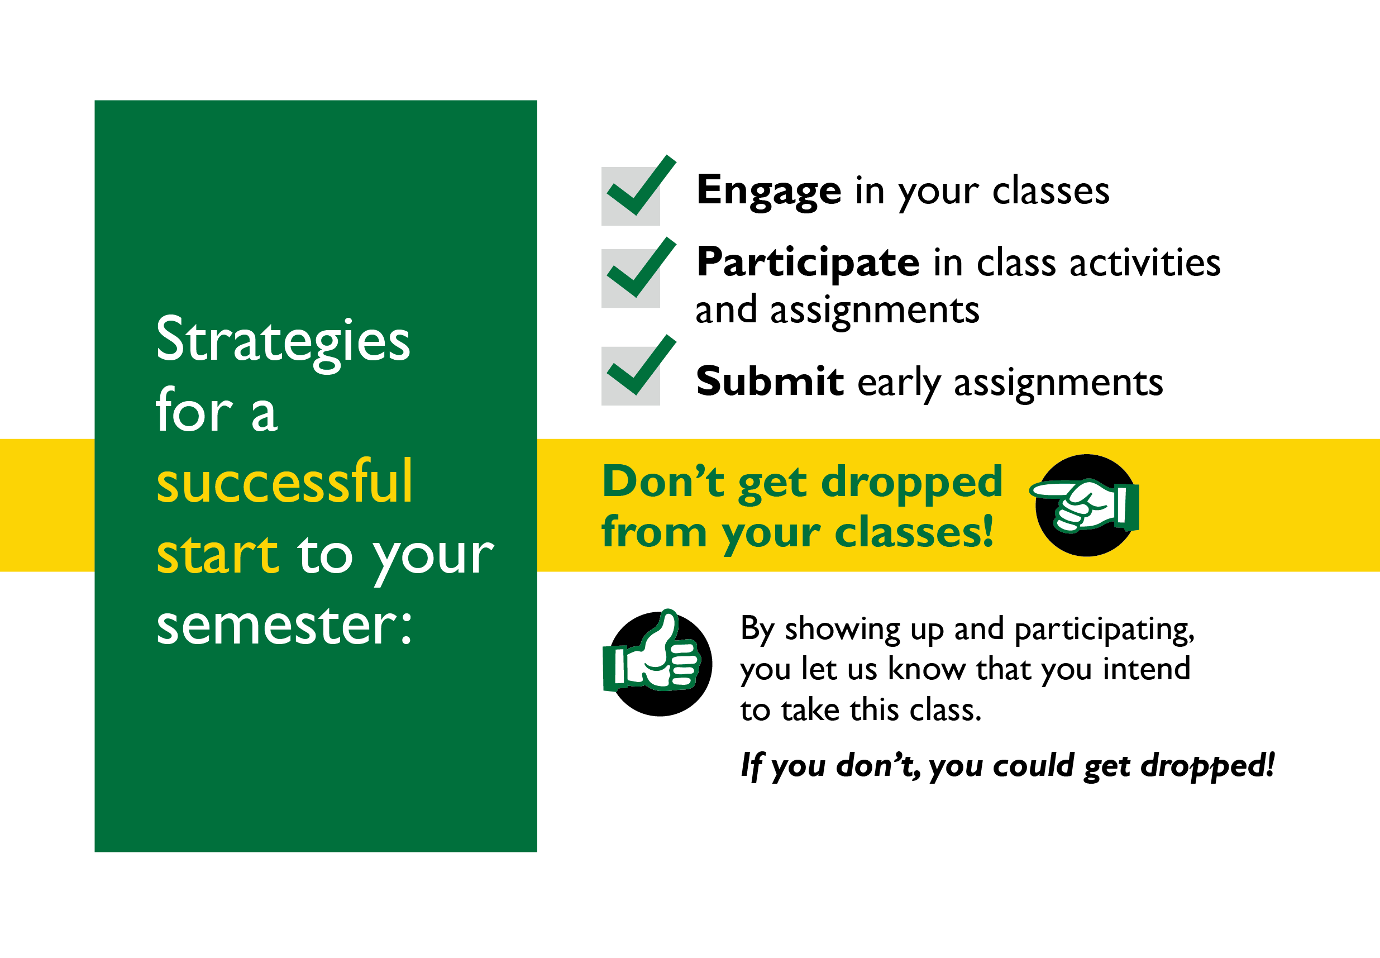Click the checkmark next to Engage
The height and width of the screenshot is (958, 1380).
click(641, 185)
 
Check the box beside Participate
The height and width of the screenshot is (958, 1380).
click(631, 279)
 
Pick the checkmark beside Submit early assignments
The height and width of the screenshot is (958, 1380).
click(641, 365)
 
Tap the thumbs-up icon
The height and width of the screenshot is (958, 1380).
click(657, 663)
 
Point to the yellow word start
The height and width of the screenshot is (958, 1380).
click(217, 554)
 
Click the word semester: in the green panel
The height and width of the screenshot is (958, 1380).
click(284, 626)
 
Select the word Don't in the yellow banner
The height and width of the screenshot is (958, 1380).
click(663, 482)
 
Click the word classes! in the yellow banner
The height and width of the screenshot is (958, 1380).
click(914, 532)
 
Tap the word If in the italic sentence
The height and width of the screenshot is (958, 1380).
click(751, 766)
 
